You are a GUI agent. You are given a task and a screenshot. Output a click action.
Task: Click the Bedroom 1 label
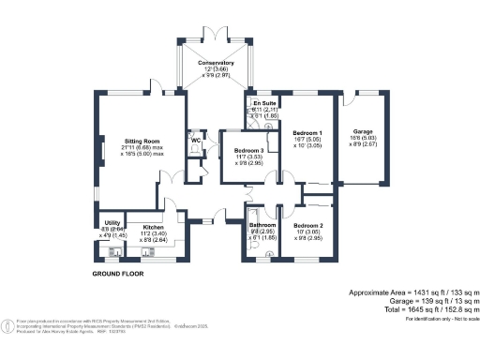307,133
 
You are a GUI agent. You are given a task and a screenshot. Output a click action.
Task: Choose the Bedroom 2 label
307,226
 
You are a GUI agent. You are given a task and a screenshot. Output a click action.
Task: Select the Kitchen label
153,227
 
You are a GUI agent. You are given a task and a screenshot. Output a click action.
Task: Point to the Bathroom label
262,225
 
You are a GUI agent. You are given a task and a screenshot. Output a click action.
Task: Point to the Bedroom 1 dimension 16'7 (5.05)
307,140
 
